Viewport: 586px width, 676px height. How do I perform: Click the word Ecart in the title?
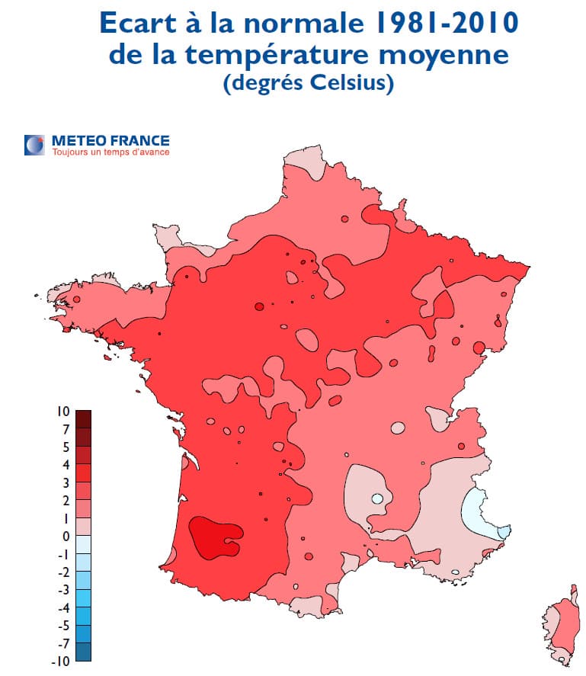(x=142, y=23)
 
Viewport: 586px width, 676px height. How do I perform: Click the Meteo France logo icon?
(x=34, y=145)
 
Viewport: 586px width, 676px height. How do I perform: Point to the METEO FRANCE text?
(x=110, y=140)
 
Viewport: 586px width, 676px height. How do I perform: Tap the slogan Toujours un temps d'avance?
(x=110, y=152)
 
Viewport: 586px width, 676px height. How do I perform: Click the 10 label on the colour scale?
(x=63, y=412)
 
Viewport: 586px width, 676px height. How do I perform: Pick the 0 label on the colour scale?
(x=66, y=537)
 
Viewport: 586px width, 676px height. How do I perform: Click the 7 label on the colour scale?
(x=66, y=429)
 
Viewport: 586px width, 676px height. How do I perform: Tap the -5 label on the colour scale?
(x=62, y=626)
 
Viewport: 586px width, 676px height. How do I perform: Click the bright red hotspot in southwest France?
(x=213, y=537)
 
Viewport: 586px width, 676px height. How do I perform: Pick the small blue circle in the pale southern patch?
(x=377, y=499)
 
